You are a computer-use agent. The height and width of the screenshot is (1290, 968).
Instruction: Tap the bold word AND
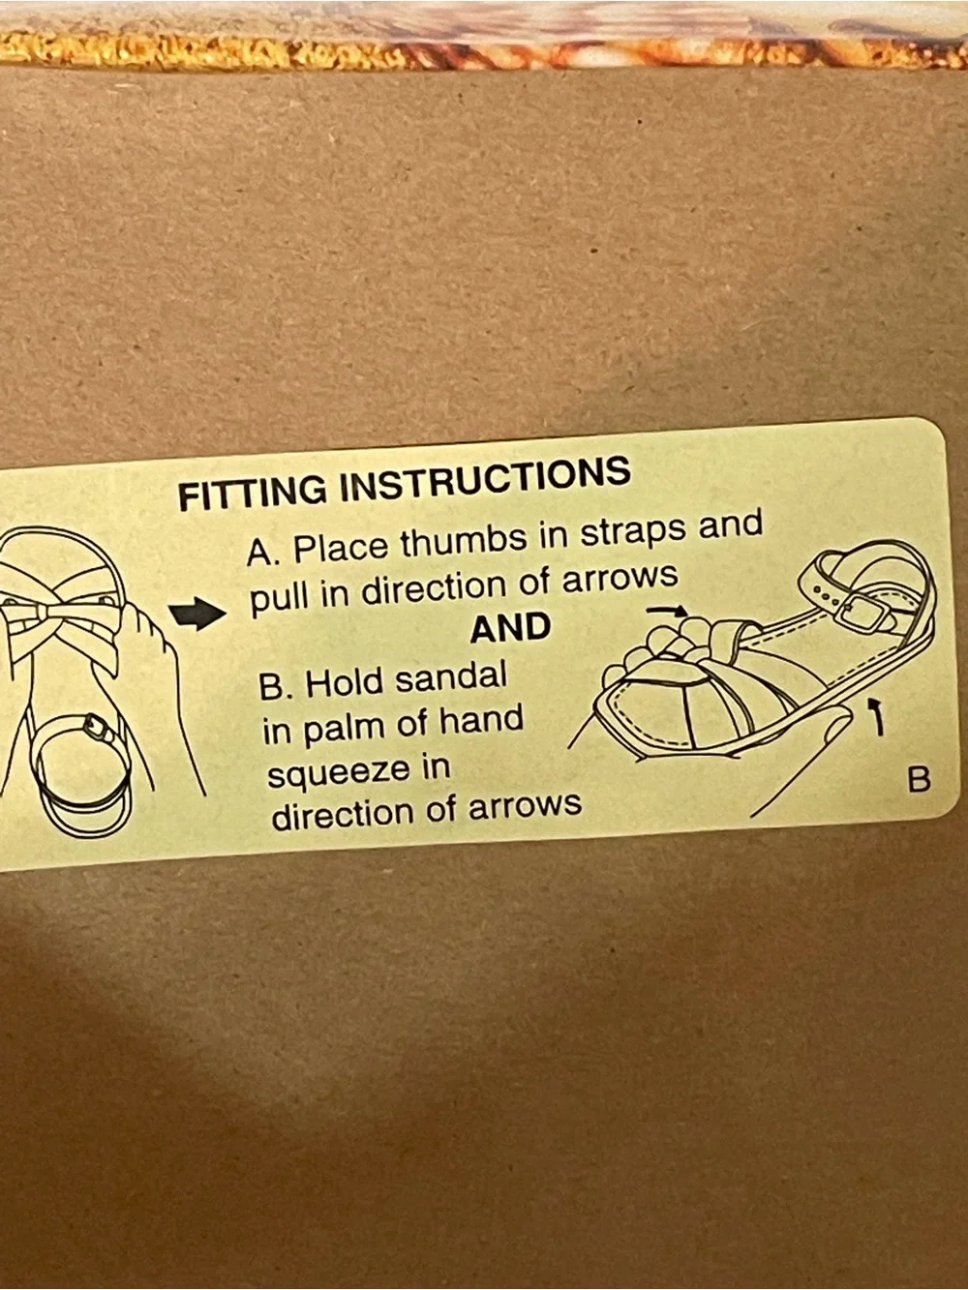click(510, 627)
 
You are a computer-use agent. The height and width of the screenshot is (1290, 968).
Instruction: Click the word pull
click(281, 598)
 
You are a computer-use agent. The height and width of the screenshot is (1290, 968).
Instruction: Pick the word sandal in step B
click(450, 679)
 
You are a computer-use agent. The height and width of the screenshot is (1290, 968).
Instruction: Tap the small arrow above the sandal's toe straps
click(666, 612)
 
